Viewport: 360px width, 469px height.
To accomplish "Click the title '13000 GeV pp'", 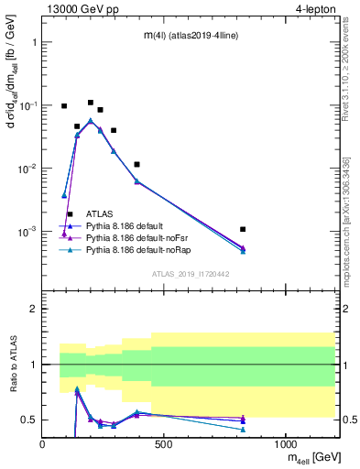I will coord(82,8).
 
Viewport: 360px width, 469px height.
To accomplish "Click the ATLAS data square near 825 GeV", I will coord(243,229).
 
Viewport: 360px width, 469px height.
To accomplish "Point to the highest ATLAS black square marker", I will coord(91,103).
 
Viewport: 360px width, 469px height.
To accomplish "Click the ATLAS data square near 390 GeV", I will coord(137,165).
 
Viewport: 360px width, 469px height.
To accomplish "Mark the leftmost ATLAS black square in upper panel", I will coord(64,106).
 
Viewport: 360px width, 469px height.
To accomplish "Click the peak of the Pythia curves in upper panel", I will coord(90,121).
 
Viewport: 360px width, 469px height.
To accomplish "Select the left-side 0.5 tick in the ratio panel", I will coord(31,420).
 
